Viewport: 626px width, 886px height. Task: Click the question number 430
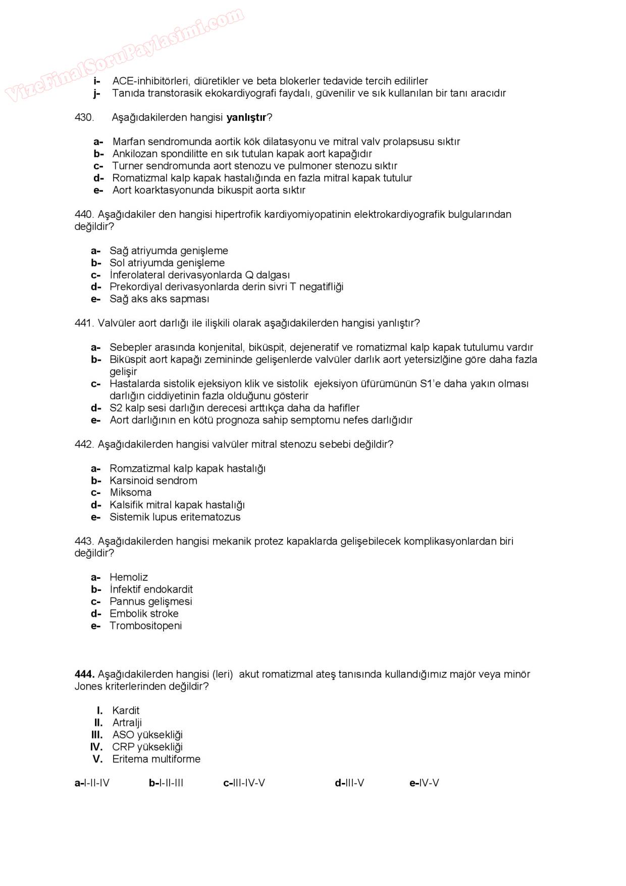pos(84,118)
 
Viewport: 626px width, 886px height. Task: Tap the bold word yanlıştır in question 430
pos(246,118)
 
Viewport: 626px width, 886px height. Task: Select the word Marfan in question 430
pos(128,142)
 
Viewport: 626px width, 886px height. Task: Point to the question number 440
pos(84,215)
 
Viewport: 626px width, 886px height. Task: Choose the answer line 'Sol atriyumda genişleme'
pos(167,263)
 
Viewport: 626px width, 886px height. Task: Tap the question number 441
pos(84,323)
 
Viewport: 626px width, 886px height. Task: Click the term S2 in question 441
pos(116,408)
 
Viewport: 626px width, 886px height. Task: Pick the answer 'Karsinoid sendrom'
pos(153,481)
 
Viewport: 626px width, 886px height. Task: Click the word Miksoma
pos(130,493)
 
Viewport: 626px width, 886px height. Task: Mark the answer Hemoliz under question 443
pos(129,577)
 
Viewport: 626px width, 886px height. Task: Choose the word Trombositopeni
pos(146,626)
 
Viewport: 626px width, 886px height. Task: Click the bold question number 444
pos(84,674)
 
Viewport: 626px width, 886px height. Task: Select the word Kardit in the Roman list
pos(126,711)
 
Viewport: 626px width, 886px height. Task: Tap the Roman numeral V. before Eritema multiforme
pos(97,759)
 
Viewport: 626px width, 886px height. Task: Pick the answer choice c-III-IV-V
pos(244,783)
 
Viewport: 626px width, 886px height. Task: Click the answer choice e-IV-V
pos(424,783)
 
